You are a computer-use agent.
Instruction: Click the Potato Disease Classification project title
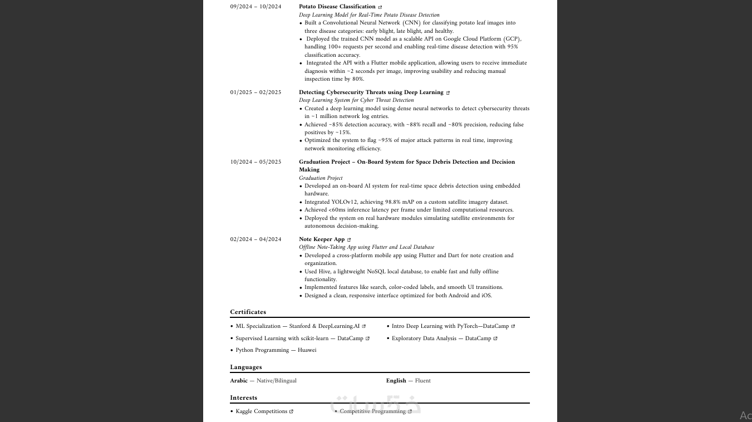(x=337, y=7)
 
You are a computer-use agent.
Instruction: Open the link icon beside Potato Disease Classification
(x=380, y=7)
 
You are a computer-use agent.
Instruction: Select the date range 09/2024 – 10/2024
(x=255, y=7)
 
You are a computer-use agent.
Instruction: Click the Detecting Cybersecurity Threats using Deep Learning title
(x=371, y=92)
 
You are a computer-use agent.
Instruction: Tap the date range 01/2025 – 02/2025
(x=255, y=92)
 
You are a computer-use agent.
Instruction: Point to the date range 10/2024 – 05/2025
(x=255, y=162)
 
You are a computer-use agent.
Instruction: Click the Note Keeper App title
(x=322, y=239)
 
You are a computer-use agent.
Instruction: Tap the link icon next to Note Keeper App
(x=349, y=240)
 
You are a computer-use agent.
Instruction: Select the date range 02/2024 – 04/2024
(x=255, y=239)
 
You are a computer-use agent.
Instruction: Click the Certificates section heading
(x=248, y=312)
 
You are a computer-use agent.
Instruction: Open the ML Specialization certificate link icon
(x=364, y=327)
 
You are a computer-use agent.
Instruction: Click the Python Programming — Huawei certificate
(x=276, y=350)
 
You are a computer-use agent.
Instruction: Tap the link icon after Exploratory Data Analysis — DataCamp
(x=495, y=338)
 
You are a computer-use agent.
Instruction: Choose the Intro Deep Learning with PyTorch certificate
(x=450, y=326)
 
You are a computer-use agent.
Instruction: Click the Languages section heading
(x=245, y=367)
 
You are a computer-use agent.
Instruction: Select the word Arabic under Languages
(x=239, y=381)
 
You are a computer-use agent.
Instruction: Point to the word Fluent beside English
(x=422, y=381)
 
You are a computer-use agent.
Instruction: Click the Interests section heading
(x=243, y=398)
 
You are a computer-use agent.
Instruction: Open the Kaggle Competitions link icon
(x=291, y=412)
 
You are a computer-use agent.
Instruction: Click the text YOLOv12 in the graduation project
(x=344, y=202)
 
